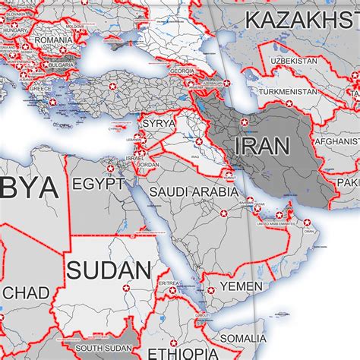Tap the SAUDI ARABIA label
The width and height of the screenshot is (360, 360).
(193, 192)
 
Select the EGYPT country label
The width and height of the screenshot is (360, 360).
(98, 184)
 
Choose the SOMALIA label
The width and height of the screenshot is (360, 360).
(243, 338)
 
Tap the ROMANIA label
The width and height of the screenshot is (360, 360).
(52, 37)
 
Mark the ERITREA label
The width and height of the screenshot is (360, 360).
(169, 282)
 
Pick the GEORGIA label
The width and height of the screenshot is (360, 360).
(182, 71)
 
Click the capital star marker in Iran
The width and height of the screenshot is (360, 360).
(244, 122)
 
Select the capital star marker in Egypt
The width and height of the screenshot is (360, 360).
(111, 168)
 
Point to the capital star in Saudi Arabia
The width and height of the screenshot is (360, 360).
(224, 216)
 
